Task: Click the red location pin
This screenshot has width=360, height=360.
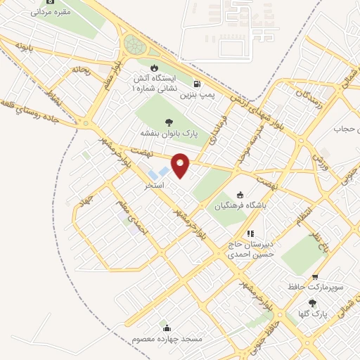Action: (181, 165)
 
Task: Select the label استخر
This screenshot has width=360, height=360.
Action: (154, 186)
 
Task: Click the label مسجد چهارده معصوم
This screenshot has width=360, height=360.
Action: (167, 339)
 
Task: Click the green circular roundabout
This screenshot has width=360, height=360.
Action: (134, 46)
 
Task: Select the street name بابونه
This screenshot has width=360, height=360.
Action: (25, 48)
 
